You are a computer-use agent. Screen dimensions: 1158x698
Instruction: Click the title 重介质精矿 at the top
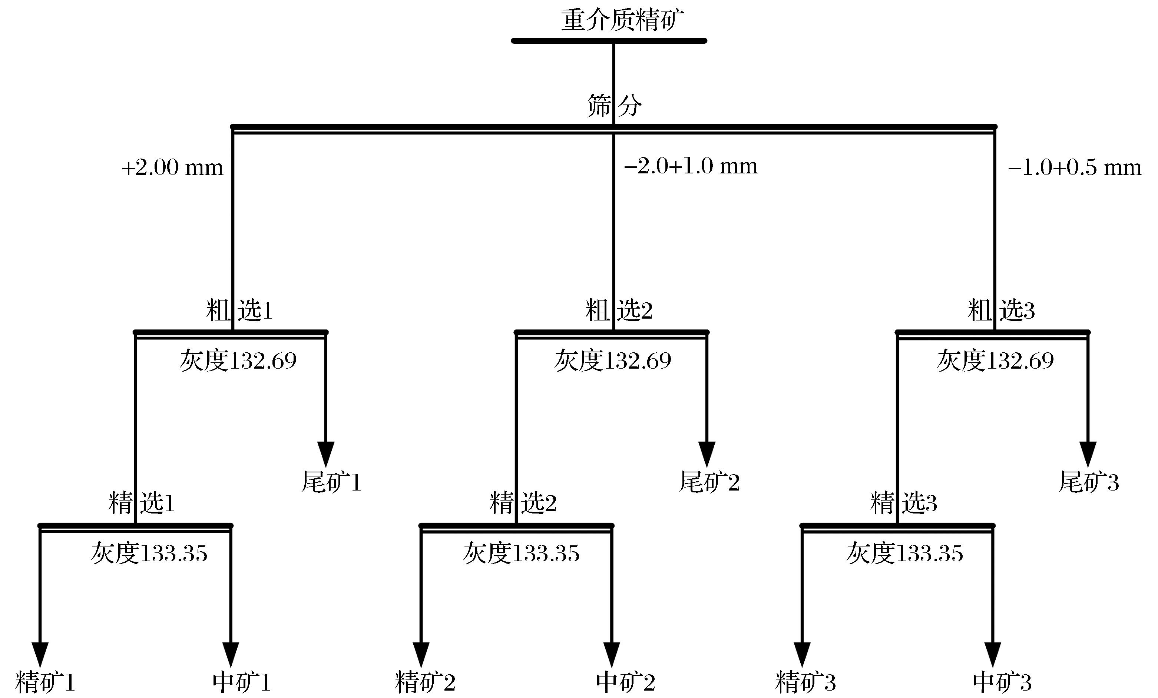click(x=622, y=20)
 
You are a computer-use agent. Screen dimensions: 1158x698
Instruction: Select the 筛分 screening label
click(x=614, y=105)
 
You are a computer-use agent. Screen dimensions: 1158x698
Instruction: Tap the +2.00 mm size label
click(x=172, y=168)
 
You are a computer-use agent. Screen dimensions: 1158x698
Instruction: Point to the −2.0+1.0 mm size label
click(x=690, y=166)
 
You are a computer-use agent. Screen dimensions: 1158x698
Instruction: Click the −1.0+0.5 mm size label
click(x=1074, y=168)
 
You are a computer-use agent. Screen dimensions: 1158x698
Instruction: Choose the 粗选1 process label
click(x=239, y=310)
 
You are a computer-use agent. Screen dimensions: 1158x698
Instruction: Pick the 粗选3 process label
click(x=1001, y=310)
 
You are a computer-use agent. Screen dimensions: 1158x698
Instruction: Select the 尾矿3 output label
click(x=1088, y=482)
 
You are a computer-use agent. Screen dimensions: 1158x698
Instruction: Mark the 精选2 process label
click(x=523, y=503)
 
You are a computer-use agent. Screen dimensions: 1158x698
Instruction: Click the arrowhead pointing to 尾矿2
click(x=707, y=454)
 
